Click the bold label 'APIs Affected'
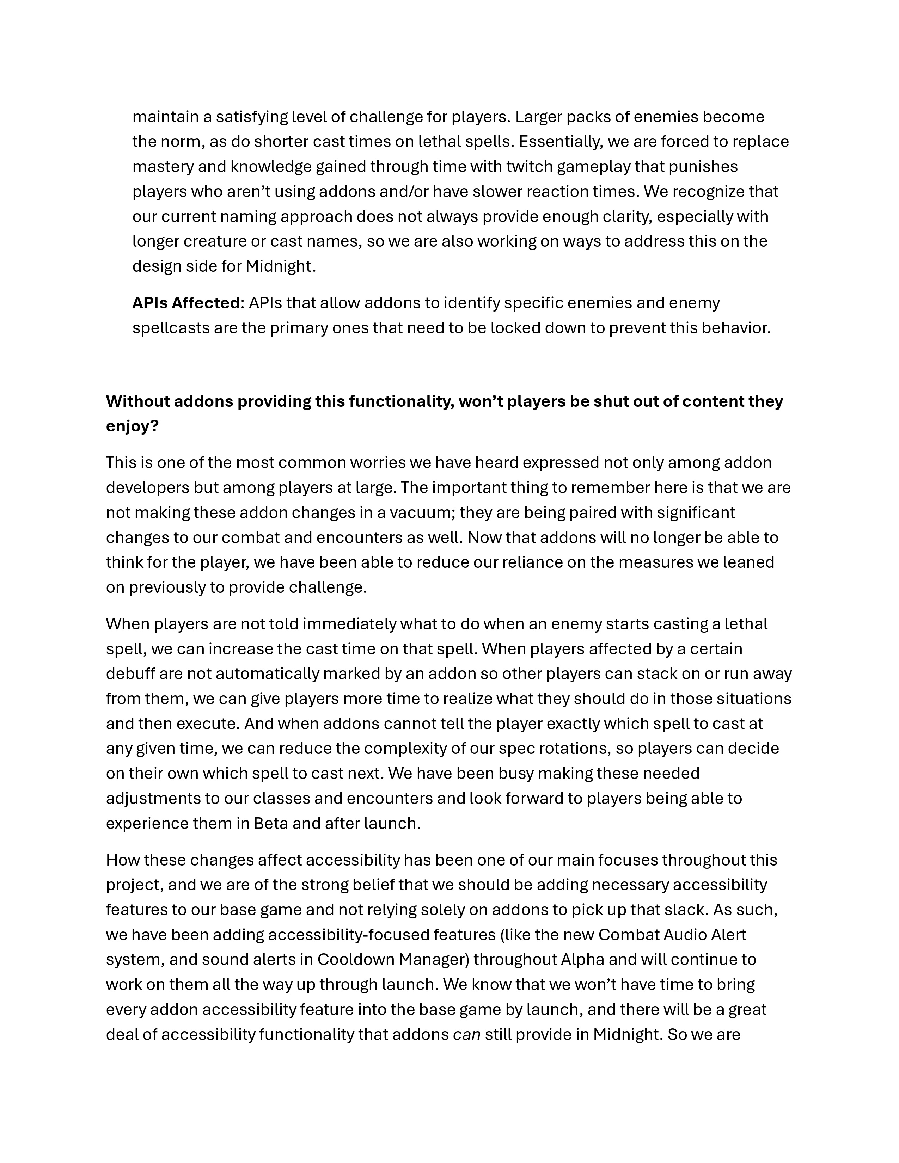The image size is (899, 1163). (186, 303)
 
